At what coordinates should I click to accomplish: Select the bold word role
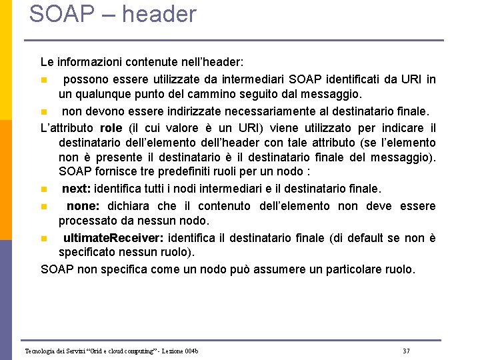click(x=111, y=128)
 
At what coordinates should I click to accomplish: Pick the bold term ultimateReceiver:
click(x=114, y=238)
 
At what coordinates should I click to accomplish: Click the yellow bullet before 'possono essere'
click(x=43, y=80)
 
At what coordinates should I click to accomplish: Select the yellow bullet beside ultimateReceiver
click(x=43, y=239)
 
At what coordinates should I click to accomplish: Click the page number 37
click(x=407, y=351)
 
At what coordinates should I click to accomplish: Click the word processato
click(x=89, y=221)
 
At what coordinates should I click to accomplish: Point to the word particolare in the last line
click(x=353, y=269)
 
